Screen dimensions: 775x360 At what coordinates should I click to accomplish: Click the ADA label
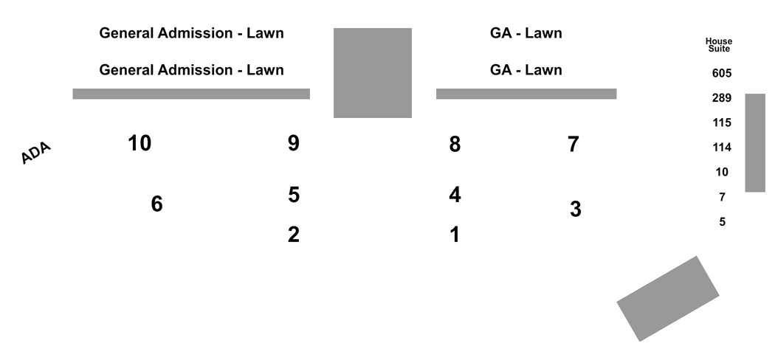click(x=36, y=153)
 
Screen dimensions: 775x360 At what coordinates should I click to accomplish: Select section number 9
click(x=294, y=143)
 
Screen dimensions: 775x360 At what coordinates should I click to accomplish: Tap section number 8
click(x=455, y=144)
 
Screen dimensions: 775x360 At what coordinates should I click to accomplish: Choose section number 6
click(x=156, y=204)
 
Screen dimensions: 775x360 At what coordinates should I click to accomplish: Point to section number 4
click(x=455, y=195)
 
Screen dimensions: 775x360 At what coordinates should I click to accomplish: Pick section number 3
click(x=575, y=210)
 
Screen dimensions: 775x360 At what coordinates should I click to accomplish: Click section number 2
click(x=294, y=235)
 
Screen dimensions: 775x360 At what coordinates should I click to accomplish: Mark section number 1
click(x=455, y=235)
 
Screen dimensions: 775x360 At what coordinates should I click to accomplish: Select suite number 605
click(x=722, y=74)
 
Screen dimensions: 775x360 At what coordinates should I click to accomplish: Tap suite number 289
click(x=722, y=98)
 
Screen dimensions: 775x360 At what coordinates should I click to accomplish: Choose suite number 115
click(x=722, y=123)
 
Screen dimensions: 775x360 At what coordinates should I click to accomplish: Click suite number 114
click(x=722, y=148)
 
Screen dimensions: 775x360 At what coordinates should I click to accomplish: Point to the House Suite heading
click(x=719, y=45)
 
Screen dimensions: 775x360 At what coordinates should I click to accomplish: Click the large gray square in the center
click(x=373, y=73)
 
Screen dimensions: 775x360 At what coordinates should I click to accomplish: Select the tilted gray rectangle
click(x=668, y=299)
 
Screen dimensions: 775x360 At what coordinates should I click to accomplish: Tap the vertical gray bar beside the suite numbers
click(x=755, y=142)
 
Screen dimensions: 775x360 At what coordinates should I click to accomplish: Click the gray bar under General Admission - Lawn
click(x=191, y=94)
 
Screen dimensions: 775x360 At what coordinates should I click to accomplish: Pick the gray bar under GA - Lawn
click(x=526, y=94)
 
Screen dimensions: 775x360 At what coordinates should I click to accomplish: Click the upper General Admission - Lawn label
click(x=192, y=33)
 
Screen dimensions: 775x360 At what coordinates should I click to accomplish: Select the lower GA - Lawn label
click(x=526, y=70)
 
